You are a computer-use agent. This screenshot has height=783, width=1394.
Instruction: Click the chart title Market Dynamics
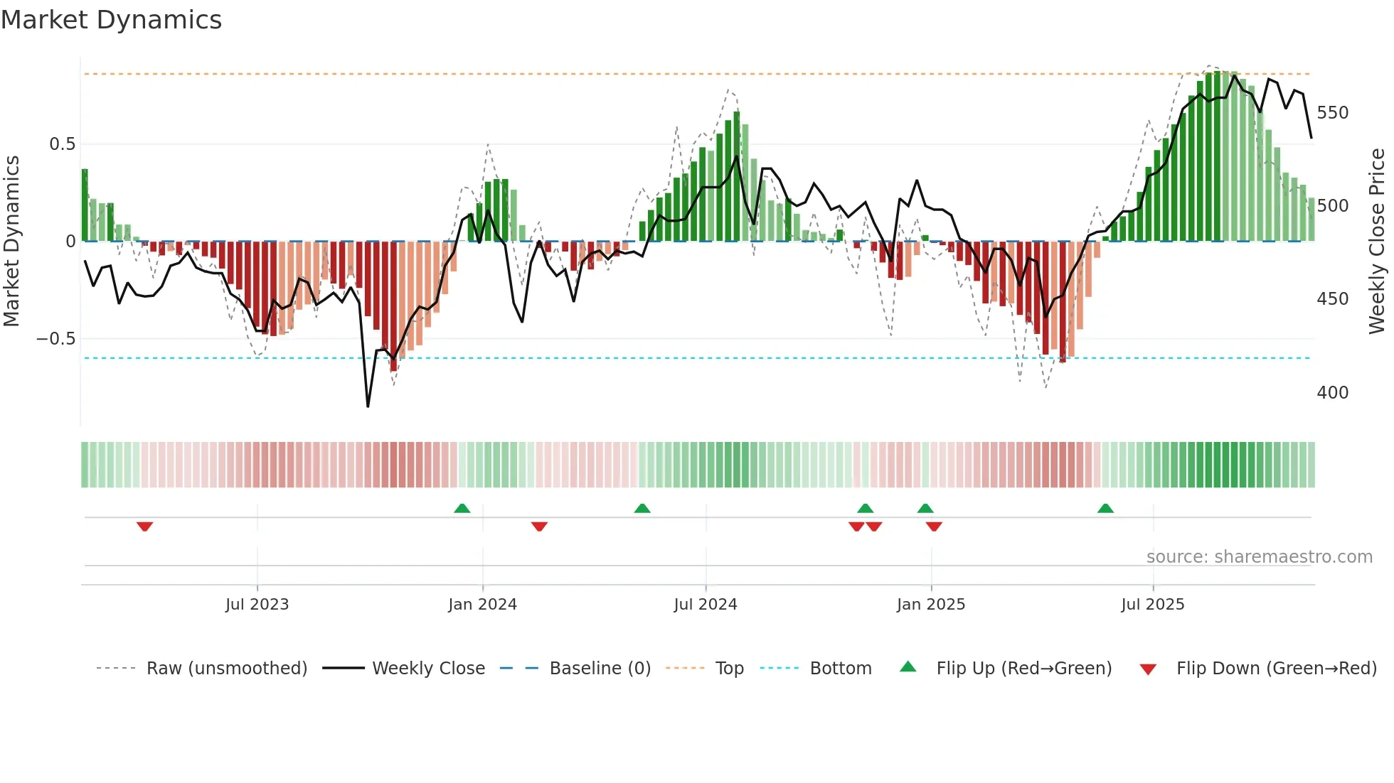click(112, 20)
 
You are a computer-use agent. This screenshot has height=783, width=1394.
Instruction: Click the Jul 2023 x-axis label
click(257, 605)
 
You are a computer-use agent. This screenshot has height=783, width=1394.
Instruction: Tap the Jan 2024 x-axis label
click(482, 605)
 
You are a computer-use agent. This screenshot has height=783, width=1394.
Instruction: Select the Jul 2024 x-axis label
click(705, 605)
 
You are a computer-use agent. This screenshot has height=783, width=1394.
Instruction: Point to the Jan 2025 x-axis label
click(930, 605)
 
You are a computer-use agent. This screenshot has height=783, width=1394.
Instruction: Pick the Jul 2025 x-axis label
click(1152, 605)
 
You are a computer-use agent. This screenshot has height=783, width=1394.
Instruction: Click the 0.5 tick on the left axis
click(62, 144)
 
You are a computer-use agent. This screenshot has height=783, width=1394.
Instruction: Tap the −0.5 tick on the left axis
click(55, 339)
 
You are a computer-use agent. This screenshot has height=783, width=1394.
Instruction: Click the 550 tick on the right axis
click(1332, 113)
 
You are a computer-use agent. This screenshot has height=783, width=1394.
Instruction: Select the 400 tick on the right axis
click(1332, 393)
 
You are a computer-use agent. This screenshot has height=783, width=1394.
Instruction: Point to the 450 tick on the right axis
click(1332, 299)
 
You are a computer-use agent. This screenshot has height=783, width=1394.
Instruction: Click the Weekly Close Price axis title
click(1377, 242)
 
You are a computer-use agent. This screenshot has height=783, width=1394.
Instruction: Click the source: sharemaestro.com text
click(1259, 557)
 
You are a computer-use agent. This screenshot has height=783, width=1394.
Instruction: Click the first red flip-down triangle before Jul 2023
click(144, 526)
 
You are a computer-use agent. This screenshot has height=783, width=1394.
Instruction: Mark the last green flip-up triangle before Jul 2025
click(1105, 509)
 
